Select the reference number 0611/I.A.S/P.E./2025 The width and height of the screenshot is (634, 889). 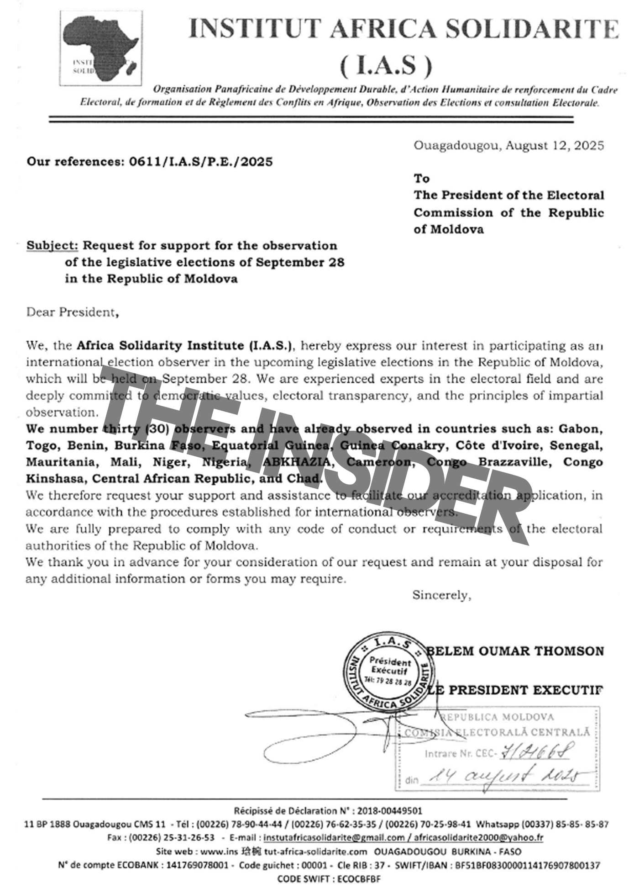pyautogui.click(x=201, y=162)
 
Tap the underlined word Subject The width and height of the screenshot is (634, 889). pyautogui.click(x=52, y=245)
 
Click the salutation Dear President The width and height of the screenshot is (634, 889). pyautogui.click(x=72, y=312)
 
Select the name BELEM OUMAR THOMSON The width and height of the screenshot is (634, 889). pyautogui.click(x=516, y=651)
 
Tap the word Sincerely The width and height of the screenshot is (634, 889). pyautogui.click(x=441, y=595)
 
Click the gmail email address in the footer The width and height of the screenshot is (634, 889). pyautogui.click(x=334, y=837)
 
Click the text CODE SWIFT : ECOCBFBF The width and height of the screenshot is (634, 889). pyautogui.click(x=329, y=878)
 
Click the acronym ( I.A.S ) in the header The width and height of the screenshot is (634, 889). pyautogui.click(x=386, y=66)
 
